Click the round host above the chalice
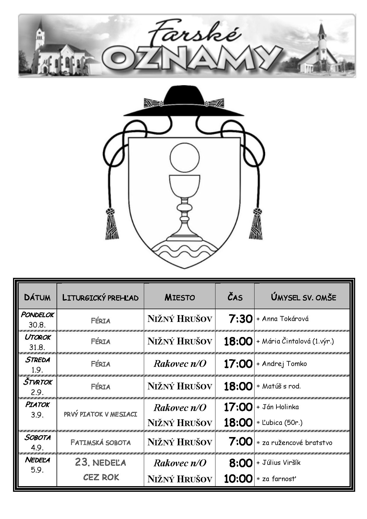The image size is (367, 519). (184, 158)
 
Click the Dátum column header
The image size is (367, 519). (37, 297)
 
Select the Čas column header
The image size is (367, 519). (235, 297)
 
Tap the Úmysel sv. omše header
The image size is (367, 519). (303, 297)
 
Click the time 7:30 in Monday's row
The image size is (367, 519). (241, 319)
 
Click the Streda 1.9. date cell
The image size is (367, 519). (37, 364)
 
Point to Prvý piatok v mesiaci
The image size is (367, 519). (100, 414)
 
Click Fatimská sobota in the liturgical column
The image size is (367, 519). (101, 442)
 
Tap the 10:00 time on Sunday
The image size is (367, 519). (238, 478)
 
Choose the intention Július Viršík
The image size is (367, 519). (281, 462)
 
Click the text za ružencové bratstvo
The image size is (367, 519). (297, 443)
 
